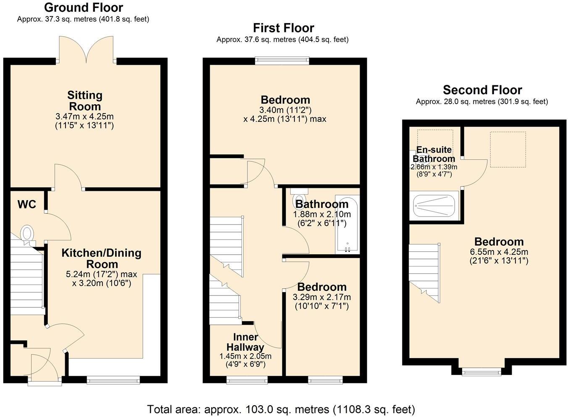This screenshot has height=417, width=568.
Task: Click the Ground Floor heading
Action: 83,8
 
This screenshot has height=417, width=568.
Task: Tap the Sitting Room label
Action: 85,101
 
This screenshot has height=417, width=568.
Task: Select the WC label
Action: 26,205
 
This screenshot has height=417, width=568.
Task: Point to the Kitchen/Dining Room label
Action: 101,259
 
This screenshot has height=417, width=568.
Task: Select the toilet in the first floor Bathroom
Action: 299,199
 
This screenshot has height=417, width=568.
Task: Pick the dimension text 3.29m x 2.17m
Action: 322,297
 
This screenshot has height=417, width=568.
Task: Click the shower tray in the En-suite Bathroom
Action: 434,206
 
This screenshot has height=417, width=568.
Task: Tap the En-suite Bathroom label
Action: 434,154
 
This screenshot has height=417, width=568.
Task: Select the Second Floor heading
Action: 482,90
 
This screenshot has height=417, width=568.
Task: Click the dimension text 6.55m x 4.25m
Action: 499,252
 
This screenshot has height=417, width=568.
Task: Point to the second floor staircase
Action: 424,271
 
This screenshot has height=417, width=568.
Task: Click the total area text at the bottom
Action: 281,409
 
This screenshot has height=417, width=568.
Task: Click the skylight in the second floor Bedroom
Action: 508,149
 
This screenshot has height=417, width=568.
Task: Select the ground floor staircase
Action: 27,280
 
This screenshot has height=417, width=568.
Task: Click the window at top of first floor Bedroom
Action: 282,61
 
